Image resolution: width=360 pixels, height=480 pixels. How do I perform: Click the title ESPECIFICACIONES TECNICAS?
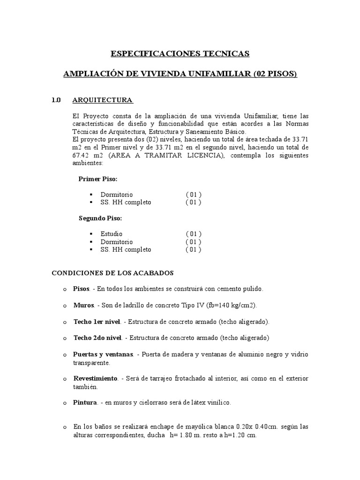pos(180,53)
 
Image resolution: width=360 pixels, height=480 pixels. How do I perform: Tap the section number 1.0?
pos(56,100)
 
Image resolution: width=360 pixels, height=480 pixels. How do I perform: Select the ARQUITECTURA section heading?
pos(102,100)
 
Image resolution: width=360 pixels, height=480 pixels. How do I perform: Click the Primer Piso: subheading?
pos(98,179)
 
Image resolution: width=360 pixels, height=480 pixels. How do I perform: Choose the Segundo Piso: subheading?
pos(100,218)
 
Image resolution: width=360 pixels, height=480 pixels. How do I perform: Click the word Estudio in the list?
pos(111,234)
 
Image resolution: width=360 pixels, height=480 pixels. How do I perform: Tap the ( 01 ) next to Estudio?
pos(193,234)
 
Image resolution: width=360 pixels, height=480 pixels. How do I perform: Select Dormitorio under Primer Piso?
pos(116,195)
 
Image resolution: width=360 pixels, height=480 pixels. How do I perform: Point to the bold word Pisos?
pos(82,289)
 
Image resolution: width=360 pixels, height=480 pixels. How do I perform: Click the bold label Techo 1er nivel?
pos(97,322)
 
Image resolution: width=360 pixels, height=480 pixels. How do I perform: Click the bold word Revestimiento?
pos(95,378)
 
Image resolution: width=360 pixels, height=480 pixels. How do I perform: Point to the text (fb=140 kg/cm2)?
pos(229,305)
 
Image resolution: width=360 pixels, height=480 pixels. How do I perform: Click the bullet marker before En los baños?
pos(64,427)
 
